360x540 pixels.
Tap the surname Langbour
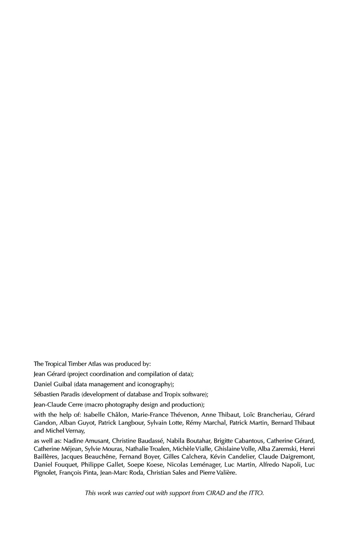tap(131, 423)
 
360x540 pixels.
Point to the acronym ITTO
tap(255, 493)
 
